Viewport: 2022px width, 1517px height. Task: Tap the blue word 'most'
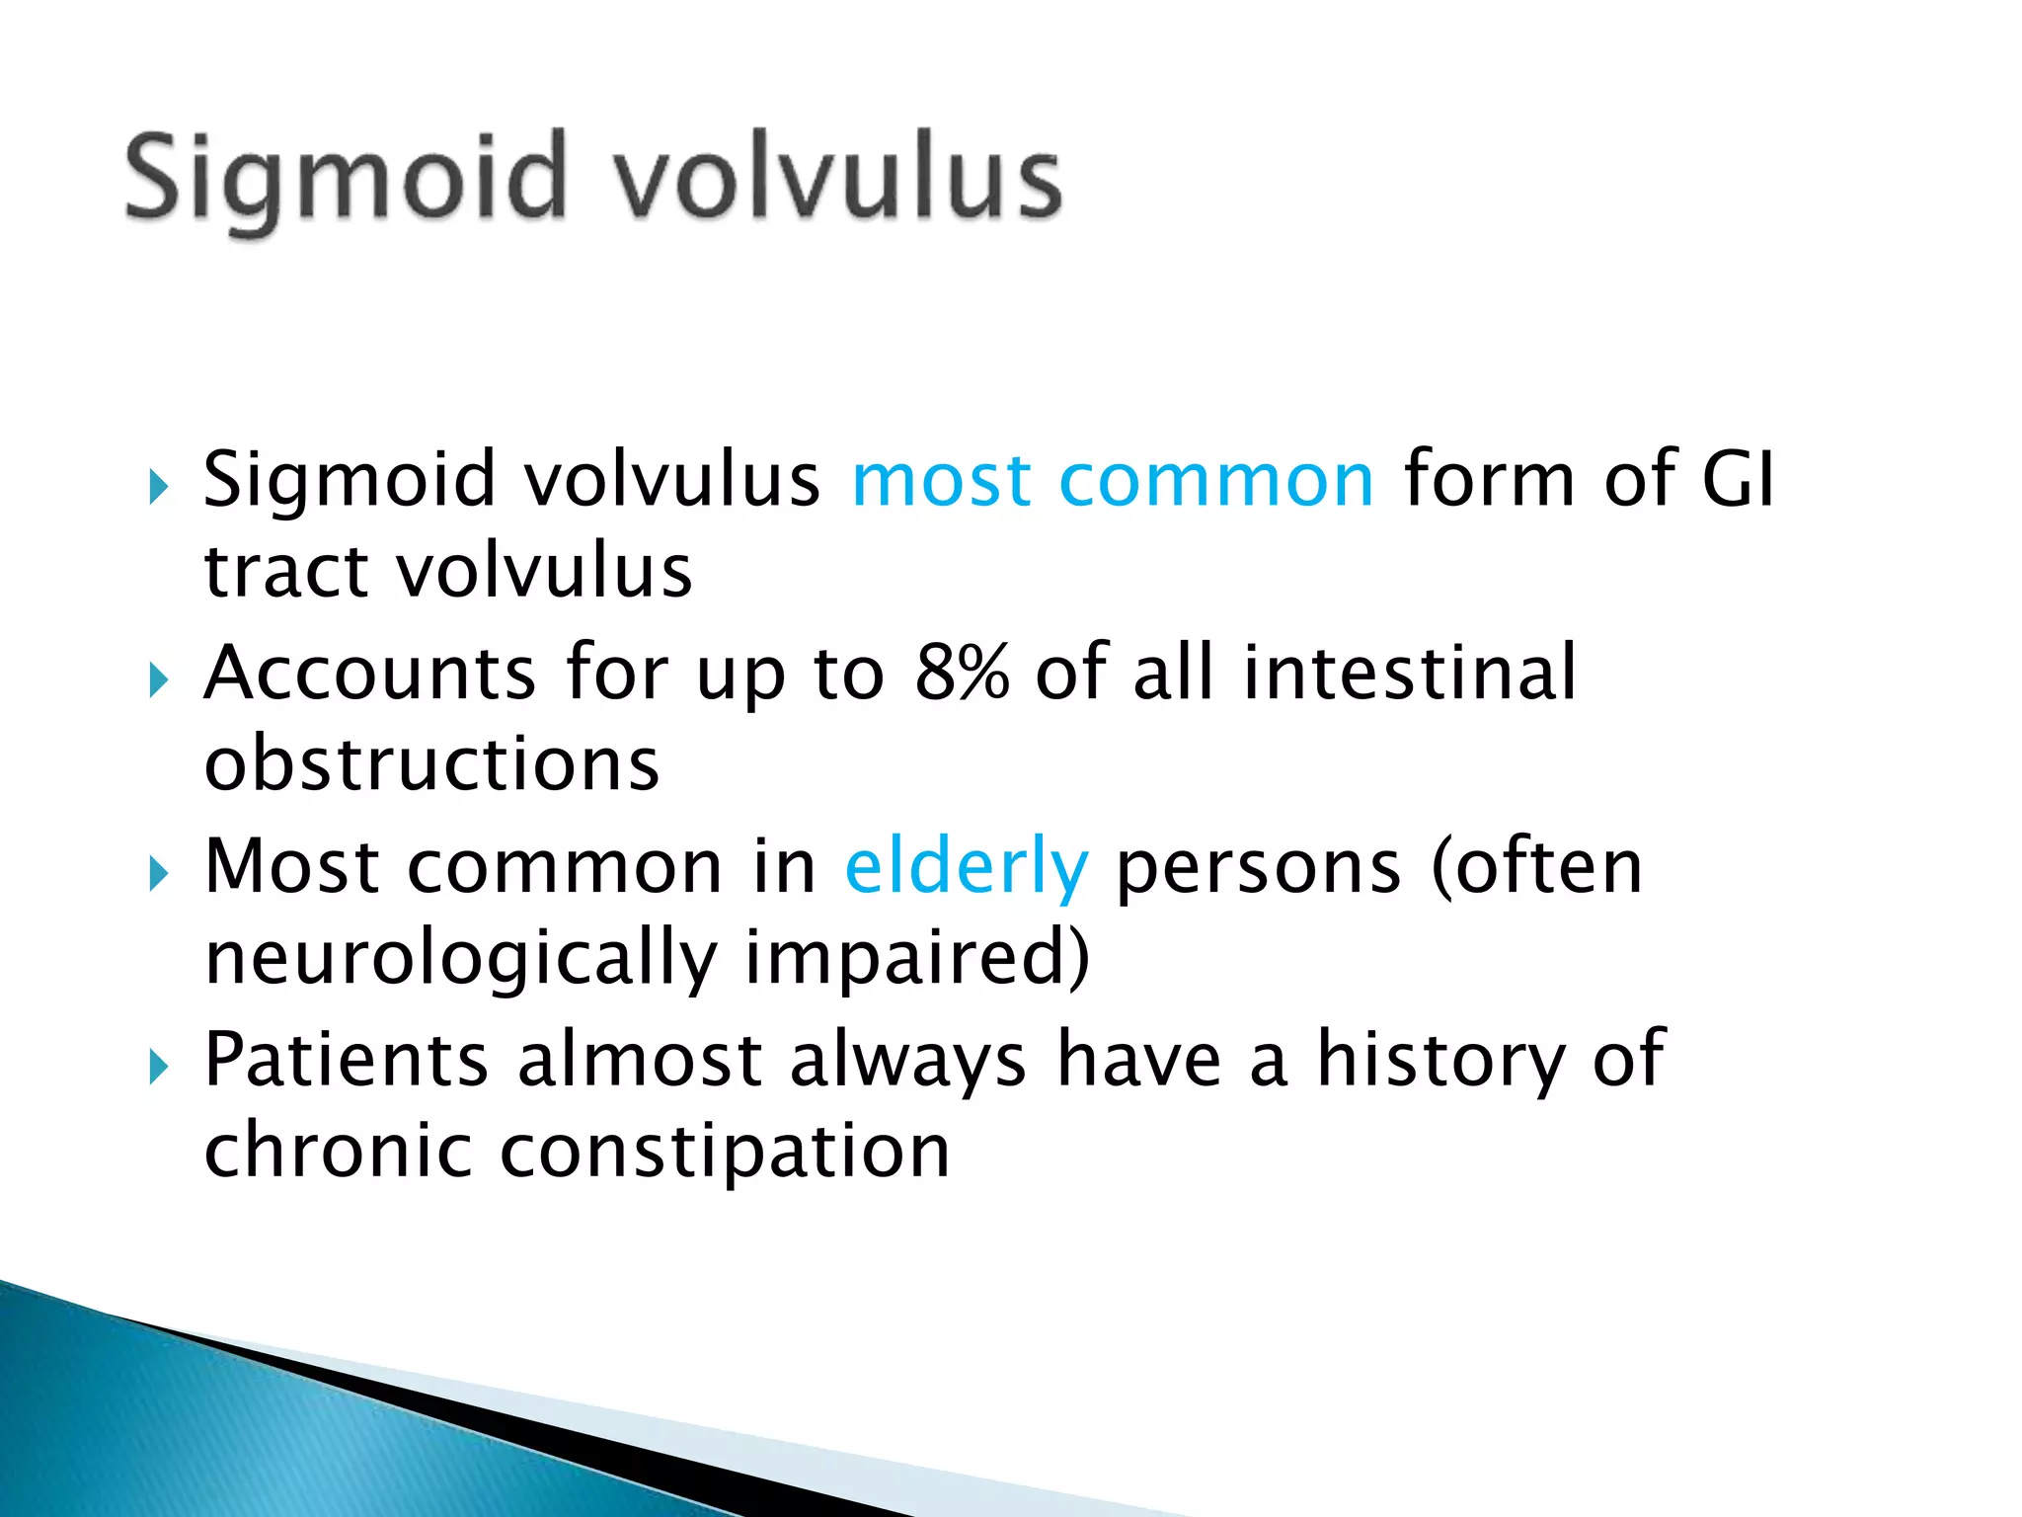[x=941, y=481]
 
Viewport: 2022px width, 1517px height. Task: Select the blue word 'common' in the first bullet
[x=1215, y=481]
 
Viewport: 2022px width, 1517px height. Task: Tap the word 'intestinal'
[x=1409, y=672]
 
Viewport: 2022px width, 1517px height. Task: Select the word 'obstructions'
[x=431, y=764]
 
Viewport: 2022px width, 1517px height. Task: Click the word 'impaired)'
[x=917, y=958]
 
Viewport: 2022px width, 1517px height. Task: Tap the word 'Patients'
[x=346, y=1060]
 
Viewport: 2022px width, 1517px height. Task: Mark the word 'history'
[x=1440, y=1060]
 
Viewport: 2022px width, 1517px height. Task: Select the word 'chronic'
[x=337, y=1152]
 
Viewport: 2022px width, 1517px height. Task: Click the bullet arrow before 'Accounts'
[x=158, y=679]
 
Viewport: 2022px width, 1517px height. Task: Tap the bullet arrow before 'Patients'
[x=158, y=1067]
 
